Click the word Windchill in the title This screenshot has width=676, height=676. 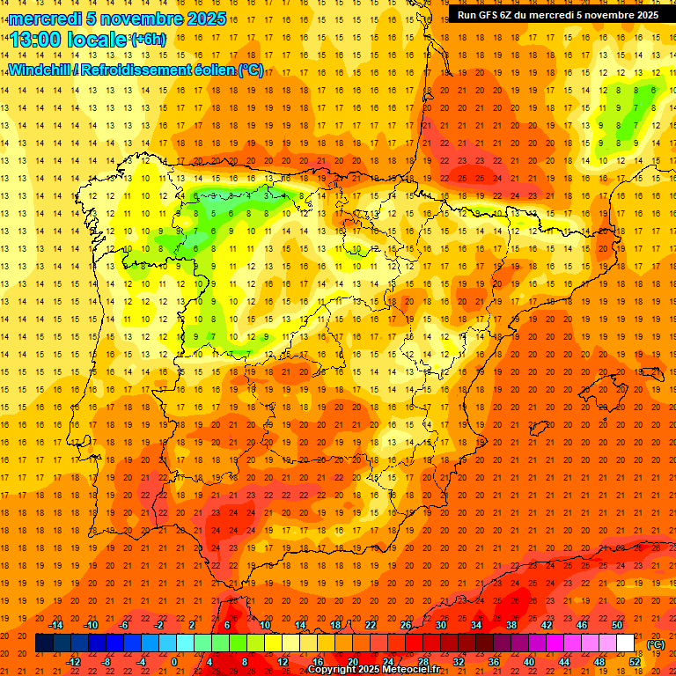coord(39,70)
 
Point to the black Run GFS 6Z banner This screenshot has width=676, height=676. coord(557,15)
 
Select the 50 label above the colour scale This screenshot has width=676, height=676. coord(617,625)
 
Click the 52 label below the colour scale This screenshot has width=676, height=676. coord(635,662)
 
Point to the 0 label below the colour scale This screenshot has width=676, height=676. coord(175,662)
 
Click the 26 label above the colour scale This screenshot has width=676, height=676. coord(406,625)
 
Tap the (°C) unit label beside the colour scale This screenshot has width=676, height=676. coord(655,644)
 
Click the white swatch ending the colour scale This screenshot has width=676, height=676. coord(626,643)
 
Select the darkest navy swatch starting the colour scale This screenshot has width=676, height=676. coord(45,643)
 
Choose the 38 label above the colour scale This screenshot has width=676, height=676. coord(511,625)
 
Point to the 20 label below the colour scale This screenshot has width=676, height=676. coord(353,662)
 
